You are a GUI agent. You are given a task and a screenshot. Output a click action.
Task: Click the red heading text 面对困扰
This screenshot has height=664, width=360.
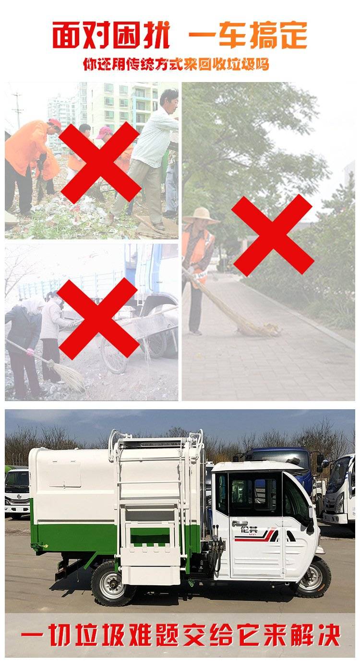click(111, 35)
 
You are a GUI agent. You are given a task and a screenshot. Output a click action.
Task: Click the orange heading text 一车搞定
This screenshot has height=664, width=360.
click(248, 35)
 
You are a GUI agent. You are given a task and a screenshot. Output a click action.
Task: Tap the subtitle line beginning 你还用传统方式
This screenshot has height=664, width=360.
click(176, 64)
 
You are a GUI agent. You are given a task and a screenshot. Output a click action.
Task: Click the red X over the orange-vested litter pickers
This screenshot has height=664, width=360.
click(99, 162)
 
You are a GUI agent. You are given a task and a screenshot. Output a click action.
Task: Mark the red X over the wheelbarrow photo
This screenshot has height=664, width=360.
click(98, 319)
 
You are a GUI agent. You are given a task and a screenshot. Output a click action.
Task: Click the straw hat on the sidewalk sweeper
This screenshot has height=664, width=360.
click(201, 215)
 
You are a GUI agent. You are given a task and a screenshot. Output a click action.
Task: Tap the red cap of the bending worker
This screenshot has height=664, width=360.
click(55, 122)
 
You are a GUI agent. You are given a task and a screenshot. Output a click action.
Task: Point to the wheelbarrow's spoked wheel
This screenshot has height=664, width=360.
click(114, 355)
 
